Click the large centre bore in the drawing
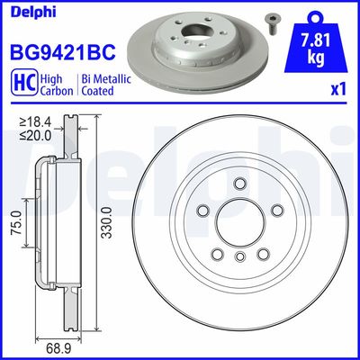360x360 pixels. [240, 228]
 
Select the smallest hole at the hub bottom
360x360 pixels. [240, 258]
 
